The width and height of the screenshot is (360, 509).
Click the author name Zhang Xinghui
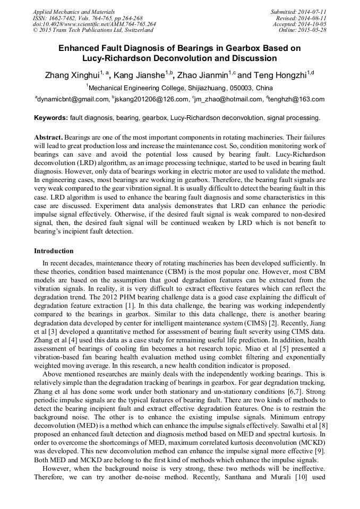tap(72, 76)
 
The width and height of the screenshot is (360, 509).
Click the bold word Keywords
tap(50, 117)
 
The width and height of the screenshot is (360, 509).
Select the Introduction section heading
tap(54, 251)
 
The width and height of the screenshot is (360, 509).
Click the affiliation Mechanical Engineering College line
tap(181, 88)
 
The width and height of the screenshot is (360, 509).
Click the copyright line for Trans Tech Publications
tap(93, 30)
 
